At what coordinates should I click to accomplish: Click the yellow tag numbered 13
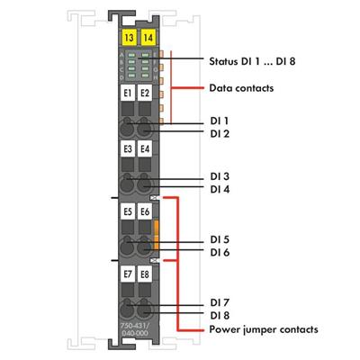click(129, 38)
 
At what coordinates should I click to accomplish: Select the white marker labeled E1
click(128, 94)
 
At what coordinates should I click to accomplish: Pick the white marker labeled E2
click(145, 94)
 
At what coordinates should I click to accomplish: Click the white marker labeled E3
click(128, 150)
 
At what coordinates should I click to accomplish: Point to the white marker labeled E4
click(145, 150)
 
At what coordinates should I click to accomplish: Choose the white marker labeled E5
click(128, 211)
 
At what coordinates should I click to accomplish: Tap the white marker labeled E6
click(145, 211)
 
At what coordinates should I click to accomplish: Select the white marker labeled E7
click(128, 271)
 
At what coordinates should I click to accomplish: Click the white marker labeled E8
click(145, 271)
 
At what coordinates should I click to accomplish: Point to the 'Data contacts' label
click(240, 88)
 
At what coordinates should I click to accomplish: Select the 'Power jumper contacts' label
click(263, 329)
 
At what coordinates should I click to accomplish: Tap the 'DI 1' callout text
click(220, 120)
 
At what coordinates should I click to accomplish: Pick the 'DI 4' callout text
click(220, 189)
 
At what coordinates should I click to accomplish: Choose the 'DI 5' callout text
click(220, 239)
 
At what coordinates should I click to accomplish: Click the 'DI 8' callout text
click(220, 315)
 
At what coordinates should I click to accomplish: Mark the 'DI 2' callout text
click(220, 133)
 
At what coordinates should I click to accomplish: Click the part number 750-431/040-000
click(137, 327)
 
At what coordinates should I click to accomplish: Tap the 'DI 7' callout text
click(220, 301)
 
